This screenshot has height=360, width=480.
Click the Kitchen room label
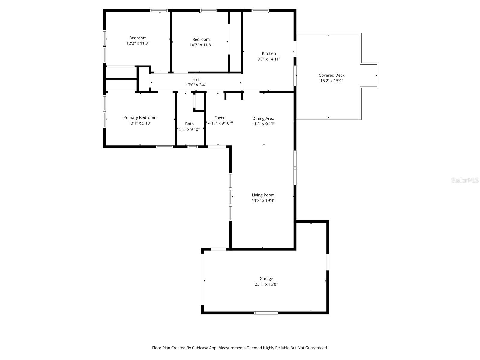269,54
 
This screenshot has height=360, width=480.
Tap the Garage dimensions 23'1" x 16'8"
266,284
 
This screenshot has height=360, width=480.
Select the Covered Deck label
331,75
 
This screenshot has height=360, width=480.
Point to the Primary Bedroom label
140,118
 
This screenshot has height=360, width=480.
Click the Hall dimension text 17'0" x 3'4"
196,85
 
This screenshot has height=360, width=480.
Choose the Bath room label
189,124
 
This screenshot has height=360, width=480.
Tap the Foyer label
220,118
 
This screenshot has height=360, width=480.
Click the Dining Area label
263,118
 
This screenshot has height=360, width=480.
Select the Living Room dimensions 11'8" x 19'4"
263,201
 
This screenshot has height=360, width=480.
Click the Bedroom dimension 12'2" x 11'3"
138,43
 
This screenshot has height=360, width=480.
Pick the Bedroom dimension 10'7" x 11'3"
201,45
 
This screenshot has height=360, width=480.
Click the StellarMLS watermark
465,180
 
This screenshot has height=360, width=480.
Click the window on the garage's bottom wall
266,313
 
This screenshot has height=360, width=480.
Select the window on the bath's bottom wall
193,147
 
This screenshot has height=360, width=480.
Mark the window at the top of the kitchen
260,10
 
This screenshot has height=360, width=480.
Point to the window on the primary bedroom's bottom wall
165,147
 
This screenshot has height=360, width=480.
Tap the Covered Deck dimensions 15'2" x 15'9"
331,81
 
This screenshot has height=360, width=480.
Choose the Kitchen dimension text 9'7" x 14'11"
269,59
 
